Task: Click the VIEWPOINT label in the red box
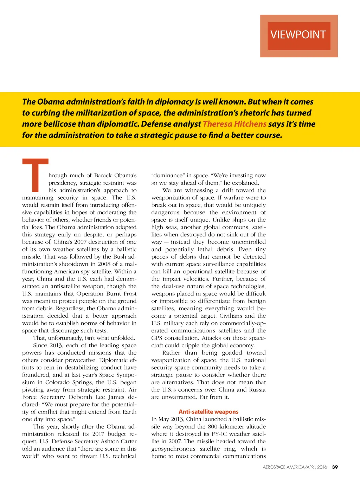[x=298, y=35]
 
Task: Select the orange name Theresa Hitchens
[x=234, y=124]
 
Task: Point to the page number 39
[x=335, y=467]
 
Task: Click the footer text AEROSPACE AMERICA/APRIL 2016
[x=295, y=467]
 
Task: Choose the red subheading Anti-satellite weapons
[x=208, y=412]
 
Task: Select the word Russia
[x=257, y=390]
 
